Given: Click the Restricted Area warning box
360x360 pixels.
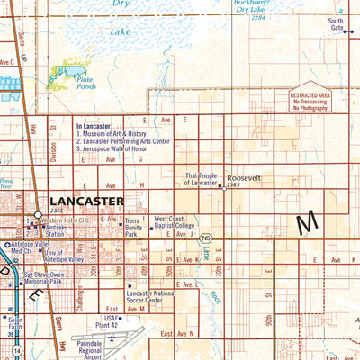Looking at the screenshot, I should pyautogui.click(x=309, y=100).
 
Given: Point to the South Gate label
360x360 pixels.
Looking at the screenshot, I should pyautogui.click(x=336, y=24).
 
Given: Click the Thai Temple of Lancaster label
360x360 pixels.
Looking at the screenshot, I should pyautogui.click(x=202, y=179).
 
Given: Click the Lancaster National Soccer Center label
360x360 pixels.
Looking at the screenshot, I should pyautogui.click(x=151, y=298).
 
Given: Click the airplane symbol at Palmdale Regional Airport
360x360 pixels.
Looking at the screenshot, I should pyautogui.click(x=112, y=339).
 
